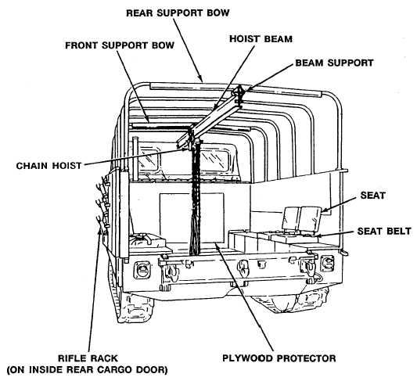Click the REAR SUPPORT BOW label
178,13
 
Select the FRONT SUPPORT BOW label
120,45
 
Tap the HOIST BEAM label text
261,39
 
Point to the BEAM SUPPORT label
334,63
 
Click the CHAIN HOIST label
49,166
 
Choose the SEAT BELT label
384,231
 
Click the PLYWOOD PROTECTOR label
279,358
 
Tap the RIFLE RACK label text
88,358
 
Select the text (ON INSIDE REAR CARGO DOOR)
87,369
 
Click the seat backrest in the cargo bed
301,218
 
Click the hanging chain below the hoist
196,196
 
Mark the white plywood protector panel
192,217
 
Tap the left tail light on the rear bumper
141,270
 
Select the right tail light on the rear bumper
327,264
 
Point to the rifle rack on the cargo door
103,205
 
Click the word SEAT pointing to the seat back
372,196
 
